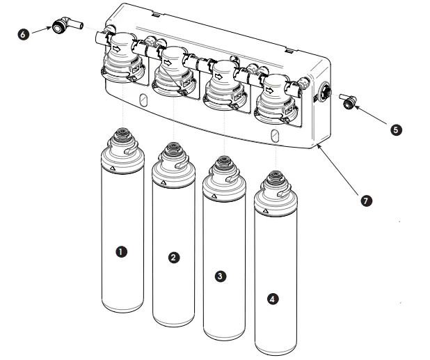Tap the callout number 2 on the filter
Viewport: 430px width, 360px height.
pos(174,257)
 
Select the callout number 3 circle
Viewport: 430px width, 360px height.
pos(220,276)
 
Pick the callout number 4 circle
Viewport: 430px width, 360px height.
pos(273,298)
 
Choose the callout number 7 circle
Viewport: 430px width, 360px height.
pos(367,201)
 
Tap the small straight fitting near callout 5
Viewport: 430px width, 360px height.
pos(347,104)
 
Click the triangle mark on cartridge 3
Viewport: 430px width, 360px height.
pos(212,198)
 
